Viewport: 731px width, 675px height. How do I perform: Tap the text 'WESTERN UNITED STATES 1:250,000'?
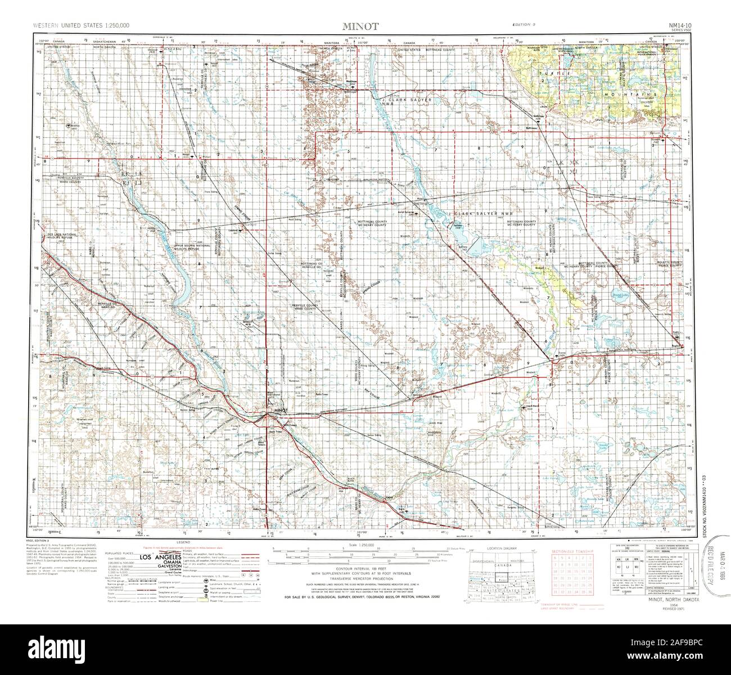coord(74,26)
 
